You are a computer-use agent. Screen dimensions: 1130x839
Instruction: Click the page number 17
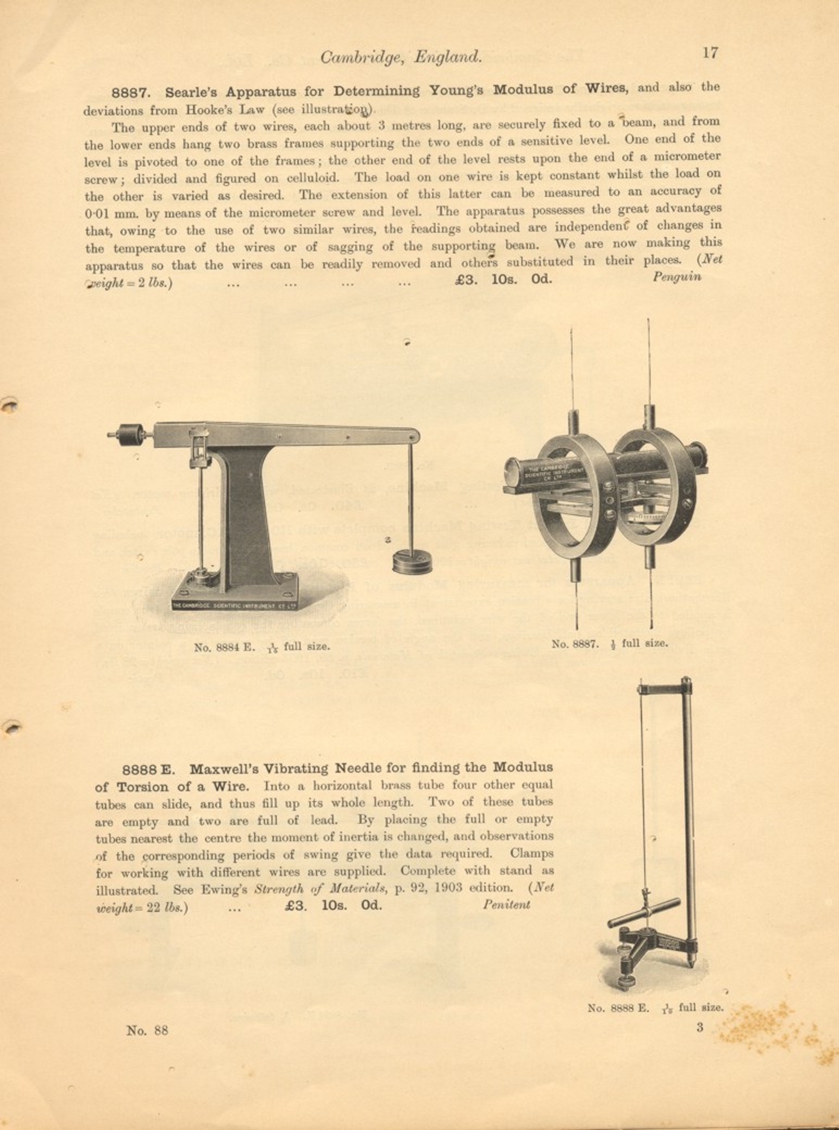point(710,53)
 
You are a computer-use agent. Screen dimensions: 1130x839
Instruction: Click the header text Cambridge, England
point(400,56)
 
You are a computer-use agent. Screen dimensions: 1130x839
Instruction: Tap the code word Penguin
point(677,277)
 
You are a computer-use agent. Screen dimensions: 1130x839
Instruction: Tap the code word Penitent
point(506,905)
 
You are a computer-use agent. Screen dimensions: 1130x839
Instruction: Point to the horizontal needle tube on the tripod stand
point(644,912)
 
